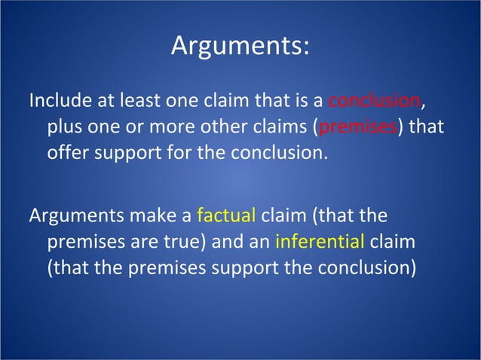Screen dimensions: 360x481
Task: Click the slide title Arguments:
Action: pos(240,45)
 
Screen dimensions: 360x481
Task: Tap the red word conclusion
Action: pos(375,100)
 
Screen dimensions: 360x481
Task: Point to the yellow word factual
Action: pos(226,216)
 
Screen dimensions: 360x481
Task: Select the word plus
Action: pos(65,126)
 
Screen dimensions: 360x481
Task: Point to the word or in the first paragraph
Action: pos(141,126)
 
